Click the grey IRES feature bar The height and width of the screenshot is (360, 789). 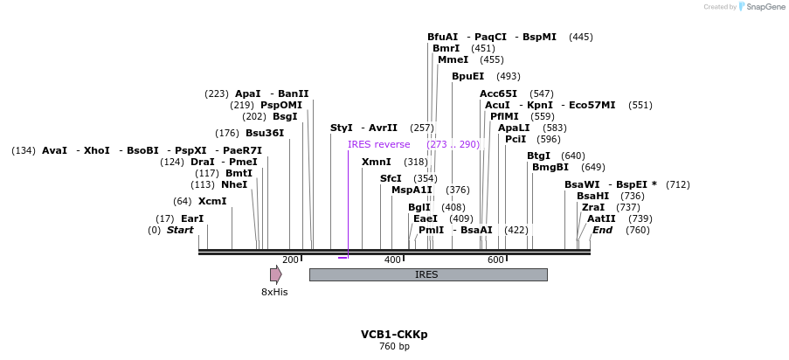[x=428, y=274]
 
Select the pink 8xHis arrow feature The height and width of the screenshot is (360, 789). [x=275, y=274]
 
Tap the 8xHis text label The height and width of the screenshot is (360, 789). [x=274, y=292]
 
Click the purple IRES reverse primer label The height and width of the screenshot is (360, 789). [x=378, y=144]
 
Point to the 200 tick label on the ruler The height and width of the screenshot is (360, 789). [x=290, y=260]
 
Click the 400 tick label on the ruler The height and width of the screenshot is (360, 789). [x=392, y=260]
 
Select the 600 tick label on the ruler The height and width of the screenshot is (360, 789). [x=495, y=260]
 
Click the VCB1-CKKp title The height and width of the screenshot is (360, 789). [x=394, y=335]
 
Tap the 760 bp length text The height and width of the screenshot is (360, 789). [x=394, y=347]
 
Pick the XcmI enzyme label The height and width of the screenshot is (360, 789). [x=212, y=201]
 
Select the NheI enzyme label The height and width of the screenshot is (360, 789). [x=234, y=184]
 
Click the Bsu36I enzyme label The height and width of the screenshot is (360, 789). [x=265, y=133]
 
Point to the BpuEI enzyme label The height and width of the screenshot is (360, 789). [x=467, y=76]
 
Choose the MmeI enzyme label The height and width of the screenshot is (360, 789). [x=453, y=59]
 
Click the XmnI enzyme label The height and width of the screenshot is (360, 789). [x=377, y=162]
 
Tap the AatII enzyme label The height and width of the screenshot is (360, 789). [x=601, y=218]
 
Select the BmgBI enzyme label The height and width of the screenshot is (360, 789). [x=550, y=167]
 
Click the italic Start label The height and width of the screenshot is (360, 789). [x=180, y=230]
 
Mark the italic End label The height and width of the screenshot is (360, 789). [x=603, y=230]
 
